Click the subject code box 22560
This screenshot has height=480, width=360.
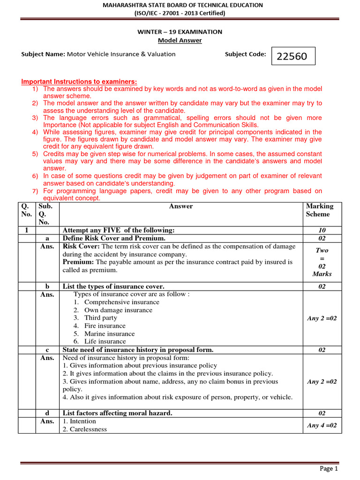click(x=292, y=56)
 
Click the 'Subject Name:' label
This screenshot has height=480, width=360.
click(x=43, y=54)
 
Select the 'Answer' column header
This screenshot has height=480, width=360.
click(x=181, y=206)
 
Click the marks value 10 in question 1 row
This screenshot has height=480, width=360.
click(x=322, y=230)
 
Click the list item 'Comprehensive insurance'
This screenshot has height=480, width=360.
click(x=121, y=302)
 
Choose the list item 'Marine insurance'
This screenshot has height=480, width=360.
click(x=109, y=334)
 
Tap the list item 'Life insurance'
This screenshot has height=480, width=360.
click(x=105, y=342)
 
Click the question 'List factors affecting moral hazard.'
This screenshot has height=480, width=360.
click(x=118, y=413)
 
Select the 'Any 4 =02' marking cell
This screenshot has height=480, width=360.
click(x=322, y=425)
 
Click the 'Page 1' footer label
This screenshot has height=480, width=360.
click(x=329, y=468)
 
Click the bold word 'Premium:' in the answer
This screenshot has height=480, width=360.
click(x=78, y=262)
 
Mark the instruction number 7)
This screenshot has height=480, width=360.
click(x=35, y=191)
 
